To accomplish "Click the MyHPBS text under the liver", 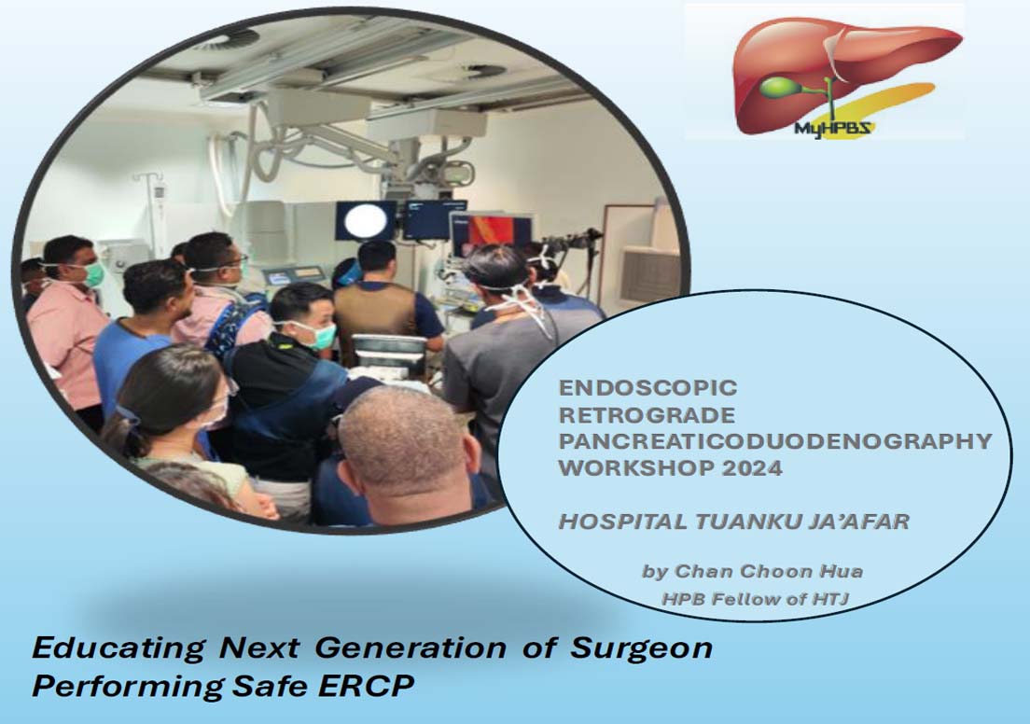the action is tap(832, 128).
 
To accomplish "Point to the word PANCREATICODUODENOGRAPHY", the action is tap(775, 441).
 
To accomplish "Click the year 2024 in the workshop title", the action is tap(751, 467).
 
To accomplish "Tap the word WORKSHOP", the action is tap(635, 467).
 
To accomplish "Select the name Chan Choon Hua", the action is tap(769, 571).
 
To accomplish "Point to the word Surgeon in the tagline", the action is tap(641, 648).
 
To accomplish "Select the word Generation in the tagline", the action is tap(411, 647).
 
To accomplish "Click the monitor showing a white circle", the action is tap(366, 220).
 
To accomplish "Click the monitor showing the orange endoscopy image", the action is tap(492, 233).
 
